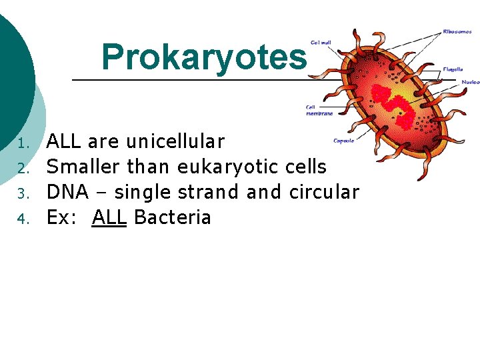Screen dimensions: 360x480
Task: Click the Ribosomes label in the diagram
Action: click(x=458, y=31)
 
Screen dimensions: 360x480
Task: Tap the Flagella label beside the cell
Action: click(x=453, y=69)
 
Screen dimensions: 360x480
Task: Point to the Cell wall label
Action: click(x=320, y=43)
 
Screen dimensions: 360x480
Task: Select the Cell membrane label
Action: click(x=319, y=110)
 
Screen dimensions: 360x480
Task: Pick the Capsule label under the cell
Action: click(x=343, y=141)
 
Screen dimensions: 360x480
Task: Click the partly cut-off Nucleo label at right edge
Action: click(x=471, y=82)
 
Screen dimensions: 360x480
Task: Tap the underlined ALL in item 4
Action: click(x=109, y=217)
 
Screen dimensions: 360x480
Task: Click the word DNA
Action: click(x=67, y=192)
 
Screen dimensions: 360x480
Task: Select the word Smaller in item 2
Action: click(x=84, y=167)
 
